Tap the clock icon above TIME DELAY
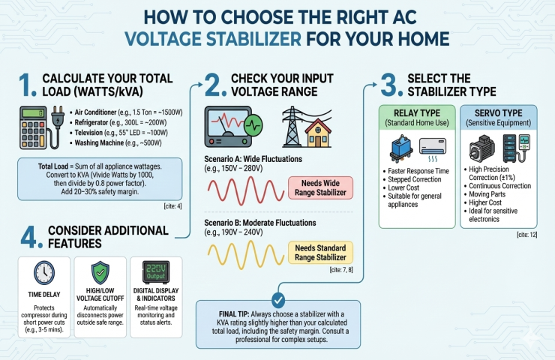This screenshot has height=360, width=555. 43,272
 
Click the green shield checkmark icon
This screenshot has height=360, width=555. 99,271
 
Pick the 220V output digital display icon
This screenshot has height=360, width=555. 155,271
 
